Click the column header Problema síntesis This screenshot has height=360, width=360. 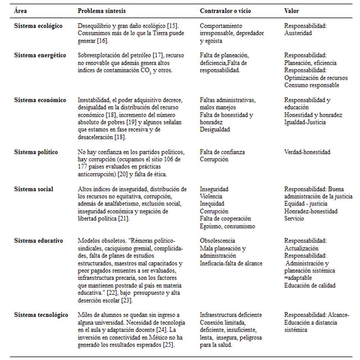point(101,11)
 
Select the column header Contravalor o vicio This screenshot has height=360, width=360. point(225,11)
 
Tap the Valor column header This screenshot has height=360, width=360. point(292,11)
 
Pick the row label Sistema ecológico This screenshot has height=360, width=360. point(38,26)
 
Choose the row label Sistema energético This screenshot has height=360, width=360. point(40,56)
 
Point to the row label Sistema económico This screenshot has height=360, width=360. point(40,100)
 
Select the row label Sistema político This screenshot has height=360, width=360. point(36,152)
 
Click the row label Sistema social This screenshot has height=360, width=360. point(33,189)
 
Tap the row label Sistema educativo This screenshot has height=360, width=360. point(38,241)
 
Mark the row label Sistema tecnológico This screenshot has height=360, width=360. point(41,315)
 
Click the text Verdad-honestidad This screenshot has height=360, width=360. point(307,152)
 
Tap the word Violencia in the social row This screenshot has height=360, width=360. point(211,197)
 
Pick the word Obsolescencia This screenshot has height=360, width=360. point(217,241)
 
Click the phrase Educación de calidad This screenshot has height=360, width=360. point(310,285)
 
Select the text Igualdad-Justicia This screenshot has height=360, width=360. point(305,122)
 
